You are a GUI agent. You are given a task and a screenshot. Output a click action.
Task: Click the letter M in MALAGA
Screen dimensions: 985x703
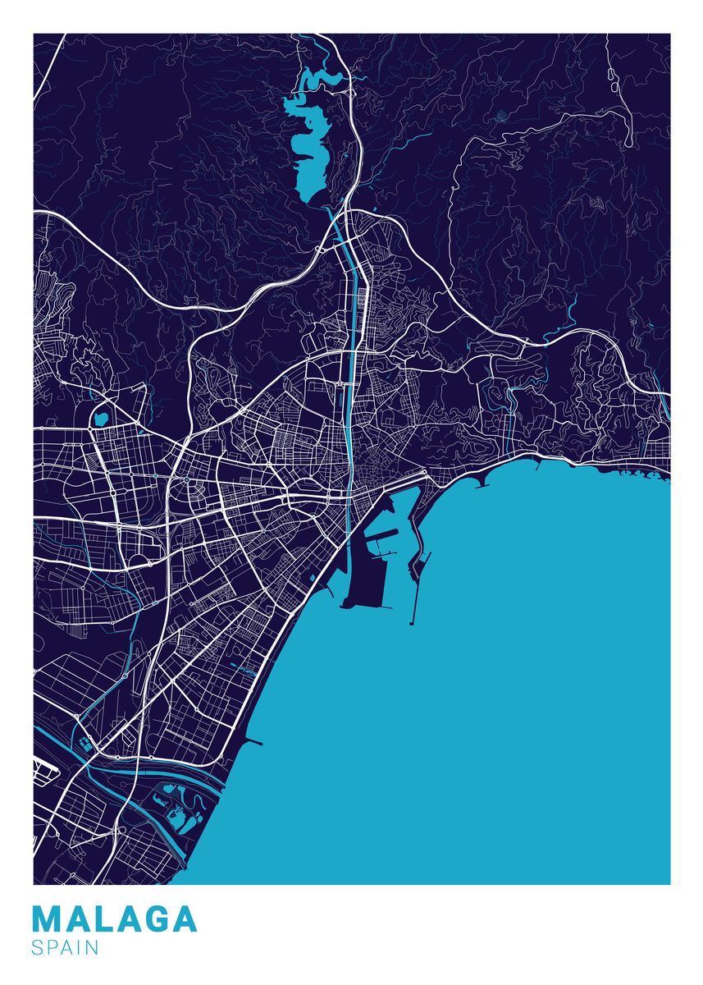tap(48, 919)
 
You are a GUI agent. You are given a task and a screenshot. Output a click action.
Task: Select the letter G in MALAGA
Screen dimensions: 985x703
tap(153, 919)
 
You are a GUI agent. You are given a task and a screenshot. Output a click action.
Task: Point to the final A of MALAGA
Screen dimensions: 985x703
tap(183, 919)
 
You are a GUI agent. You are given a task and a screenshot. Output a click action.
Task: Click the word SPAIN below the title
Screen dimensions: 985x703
tap(66, 947)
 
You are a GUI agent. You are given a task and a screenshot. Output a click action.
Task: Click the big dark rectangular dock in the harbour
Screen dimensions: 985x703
tap(362, 575)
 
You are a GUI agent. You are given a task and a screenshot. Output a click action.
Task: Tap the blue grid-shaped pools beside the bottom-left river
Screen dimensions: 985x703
tap(85, 745)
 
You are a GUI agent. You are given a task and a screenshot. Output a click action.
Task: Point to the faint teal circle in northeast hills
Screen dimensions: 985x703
tap(500, 116)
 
